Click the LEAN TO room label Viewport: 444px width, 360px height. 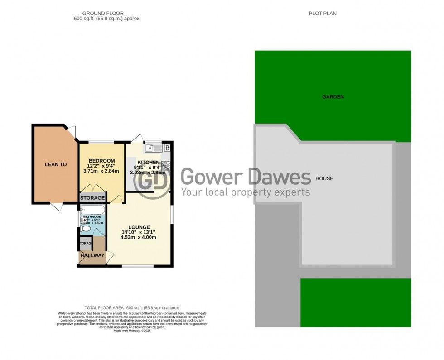coord(55,164)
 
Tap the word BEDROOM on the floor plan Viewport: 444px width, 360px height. coord(101,161)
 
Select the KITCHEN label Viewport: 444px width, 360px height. coord(149,163)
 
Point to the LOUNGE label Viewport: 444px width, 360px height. coord(139,227)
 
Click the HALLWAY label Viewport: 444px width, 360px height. coord(92,256)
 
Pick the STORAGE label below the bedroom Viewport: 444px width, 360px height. coord(92,198)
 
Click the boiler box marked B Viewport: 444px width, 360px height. coord(167,148)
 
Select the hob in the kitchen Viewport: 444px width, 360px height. coord(165,167)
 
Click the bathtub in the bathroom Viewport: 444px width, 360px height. coord(92,211)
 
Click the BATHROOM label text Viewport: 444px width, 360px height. coord(93,217)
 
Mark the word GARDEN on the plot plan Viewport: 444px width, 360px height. coord(333,97)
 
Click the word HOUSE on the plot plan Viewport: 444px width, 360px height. coord(324,178)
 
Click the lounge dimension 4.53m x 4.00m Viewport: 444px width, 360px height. coord(139,237)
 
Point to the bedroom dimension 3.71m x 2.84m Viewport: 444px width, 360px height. coord(101,171)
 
